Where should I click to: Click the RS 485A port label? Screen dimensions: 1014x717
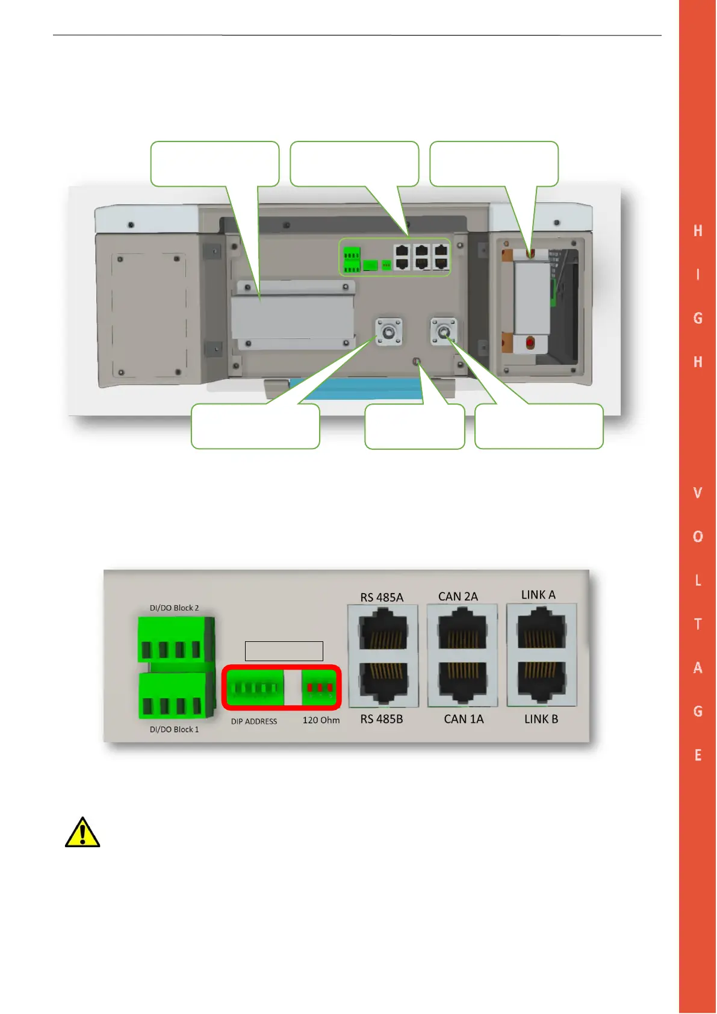coord(382,597)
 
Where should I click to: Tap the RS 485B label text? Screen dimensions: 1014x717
coord(382,719)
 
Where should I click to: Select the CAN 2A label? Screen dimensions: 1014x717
coord(458,597)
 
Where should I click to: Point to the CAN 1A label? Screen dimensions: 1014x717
coord(464,719)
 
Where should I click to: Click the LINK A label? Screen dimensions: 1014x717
coord(538,595)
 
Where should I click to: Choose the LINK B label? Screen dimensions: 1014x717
coord(541,719)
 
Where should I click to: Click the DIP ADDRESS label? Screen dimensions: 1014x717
coord(254,721)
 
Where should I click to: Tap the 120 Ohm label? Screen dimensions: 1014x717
coord(321,720)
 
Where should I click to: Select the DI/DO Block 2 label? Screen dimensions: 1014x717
coord(174,608)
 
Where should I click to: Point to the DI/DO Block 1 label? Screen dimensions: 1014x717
coord(174,729)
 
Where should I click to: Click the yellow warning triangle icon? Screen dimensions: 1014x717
coord(82,833)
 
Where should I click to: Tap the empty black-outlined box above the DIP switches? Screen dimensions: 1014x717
coord(284,651)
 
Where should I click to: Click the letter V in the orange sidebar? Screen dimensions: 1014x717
coord(698,493)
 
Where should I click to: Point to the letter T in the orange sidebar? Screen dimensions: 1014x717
coord(698,624)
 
